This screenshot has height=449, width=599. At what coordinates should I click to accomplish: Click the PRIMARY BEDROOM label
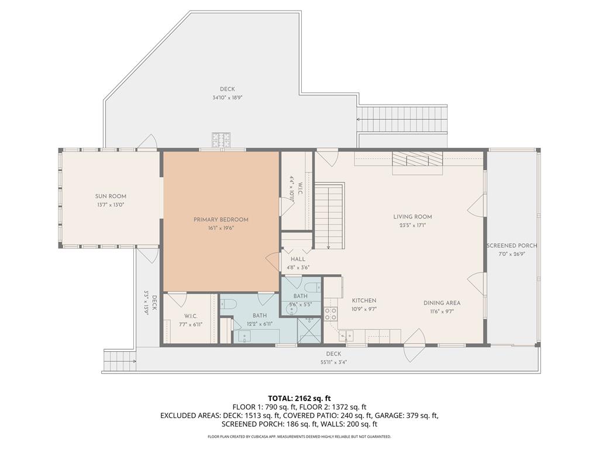pos(221,220)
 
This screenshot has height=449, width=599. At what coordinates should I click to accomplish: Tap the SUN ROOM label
pos(111,196)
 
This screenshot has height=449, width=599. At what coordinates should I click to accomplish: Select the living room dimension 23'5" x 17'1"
pos(412,225)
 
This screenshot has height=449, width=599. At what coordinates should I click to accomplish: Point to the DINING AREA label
pos(442,303)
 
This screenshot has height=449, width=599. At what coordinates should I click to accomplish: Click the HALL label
pos(298,259)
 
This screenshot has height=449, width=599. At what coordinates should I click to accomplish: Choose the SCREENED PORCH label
pos(512,246)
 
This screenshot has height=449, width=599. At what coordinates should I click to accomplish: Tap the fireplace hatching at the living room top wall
pos(418,158)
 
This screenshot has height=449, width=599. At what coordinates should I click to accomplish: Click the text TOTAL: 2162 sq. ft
pos(299,398)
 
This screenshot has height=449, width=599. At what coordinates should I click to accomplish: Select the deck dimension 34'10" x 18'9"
pos(228,98)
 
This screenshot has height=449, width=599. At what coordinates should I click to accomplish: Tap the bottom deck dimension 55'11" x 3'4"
pos(333,362)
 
